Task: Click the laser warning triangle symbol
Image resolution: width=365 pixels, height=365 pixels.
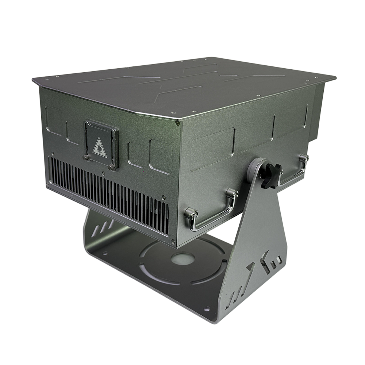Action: [99, 148]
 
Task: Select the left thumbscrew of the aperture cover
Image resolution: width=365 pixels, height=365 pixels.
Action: [86, 157]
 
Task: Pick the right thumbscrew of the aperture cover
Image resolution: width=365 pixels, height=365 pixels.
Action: [111, 166]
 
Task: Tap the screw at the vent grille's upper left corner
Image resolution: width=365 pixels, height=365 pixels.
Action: [53, 154]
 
